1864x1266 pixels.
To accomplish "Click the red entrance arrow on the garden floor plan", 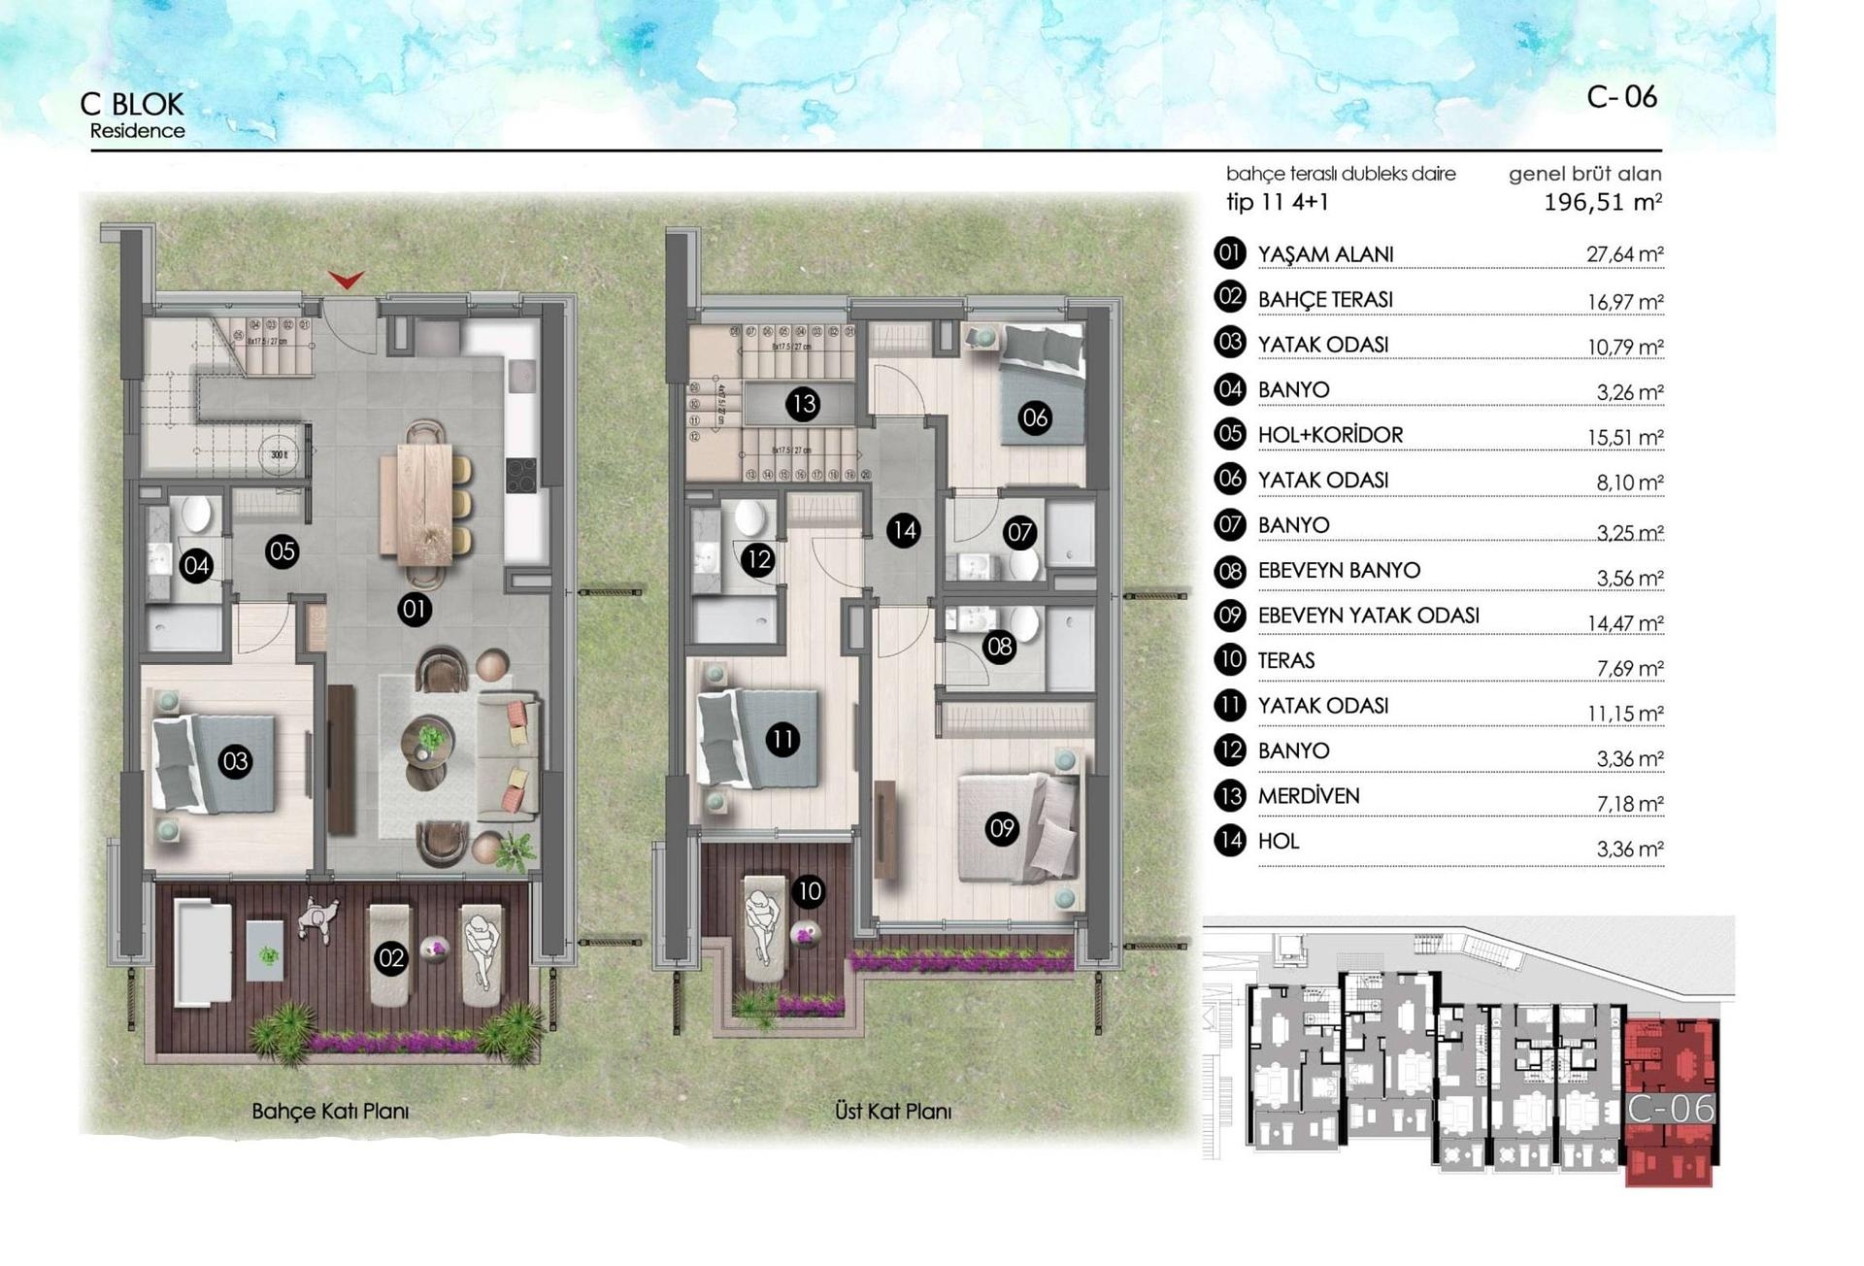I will pyautogui.click(x=346, y=280).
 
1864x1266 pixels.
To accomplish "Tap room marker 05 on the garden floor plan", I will pyautogui.click(x=283, y=552).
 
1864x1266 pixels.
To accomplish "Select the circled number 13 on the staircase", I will pyautogui.click(x=804, y=404).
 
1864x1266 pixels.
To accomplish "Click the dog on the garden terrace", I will pyautogui.click(x=317, y=916).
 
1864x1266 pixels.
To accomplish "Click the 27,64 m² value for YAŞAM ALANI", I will pyautogui.click(x=1624, y=254).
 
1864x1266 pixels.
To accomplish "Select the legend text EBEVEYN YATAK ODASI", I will pyautogui.click(x=1368, y=616).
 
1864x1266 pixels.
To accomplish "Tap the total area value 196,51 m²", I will pyautogui.click(x=1602, y=203).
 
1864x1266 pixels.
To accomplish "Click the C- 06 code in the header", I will pyautogui.click(x=1621, y=97).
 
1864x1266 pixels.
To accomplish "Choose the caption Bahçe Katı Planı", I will pyautogui.click(x=330, y=1111).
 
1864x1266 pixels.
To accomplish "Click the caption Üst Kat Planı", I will pyautogui.click(x=893, y=1111).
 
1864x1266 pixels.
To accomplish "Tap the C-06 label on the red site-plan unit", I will pyautogui.click(x=1671, y=1109).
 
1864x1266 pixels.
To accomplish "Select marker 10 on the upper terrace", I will pyautogui.click(x=809, y=891).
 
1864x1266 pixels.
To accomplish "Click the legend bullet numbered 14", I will pyautogui.click(x=1230, y=840).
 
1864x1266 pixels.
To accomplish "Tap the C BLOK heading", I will pyautogui.click(x=132, y=104).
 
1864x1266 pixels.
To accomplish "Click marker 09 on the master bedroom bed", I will pyautogui.click(x=1002, y=828).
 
